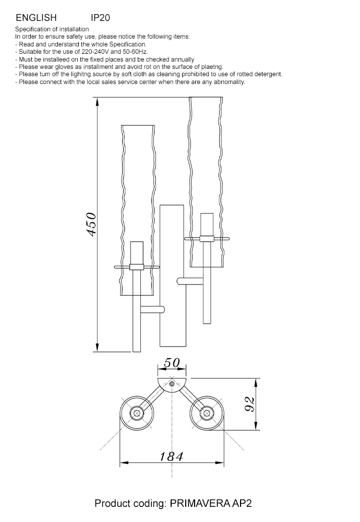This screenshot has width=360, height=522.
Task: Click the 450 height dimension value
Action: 91,224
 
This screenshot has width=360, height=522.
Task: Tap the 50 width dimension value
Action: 172,363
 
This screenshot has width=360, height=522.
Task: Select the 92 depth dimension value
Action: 250,404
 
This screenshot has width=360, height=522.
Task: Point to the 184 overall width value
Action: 171,456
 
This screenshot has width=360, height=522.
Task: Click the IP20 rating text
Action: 100,18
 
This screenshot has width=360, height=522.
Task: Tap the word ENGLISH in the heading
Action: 37,18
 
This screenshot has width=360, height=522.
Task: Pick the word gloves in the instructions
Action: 64,67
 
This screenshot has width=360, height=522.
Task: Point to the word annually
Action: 182,60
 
